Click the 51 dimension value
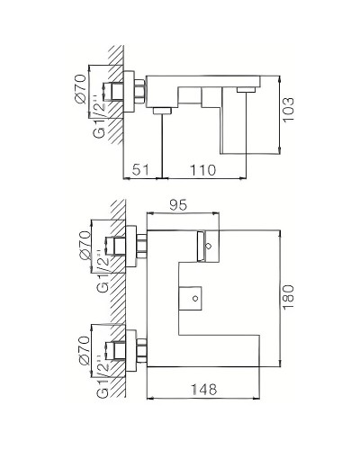point(142,168)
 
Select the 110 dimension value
point(207,168)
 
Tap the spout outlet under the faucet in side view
point(162,110)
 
